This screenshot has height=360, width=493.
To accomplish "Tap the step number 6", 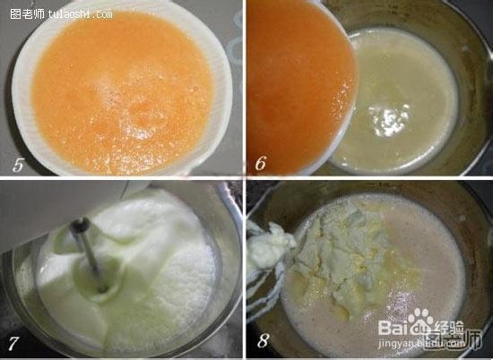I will [261, 162].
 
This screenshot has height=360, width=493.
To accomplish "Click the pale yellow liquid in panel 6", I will [403, 99].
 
